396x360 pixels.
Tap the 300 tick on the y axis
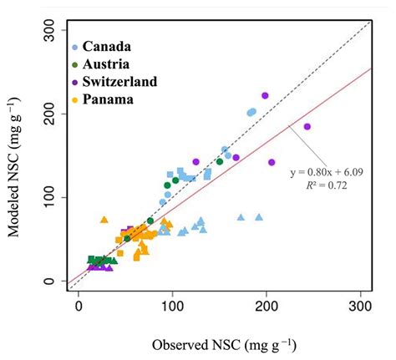54,32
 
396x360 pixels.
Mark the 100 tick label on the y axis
54,198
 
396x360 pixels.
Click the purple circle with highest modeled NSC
265,96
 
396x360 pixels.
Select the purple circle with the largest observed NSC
307,127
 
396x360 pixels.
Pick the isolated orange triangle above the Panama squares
104,220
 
